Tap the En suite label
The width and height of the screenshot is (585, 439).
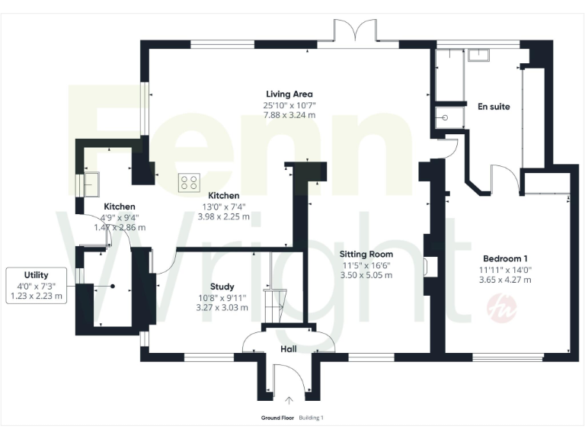493,106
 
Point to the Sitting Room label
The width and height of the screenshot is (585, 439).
367,254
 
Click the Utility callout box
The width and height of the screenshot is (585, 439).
36,285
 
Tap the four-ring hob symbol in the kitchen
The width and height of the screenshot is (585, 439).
189,183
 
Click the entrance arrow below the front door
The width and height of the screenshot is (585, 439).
289,400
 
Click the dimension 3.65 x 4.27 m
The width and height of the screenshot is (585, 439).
505,280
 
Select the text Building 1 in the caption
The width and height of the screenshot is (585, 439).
312,418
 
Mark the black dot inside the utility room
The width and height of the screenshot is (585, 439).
112,286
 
